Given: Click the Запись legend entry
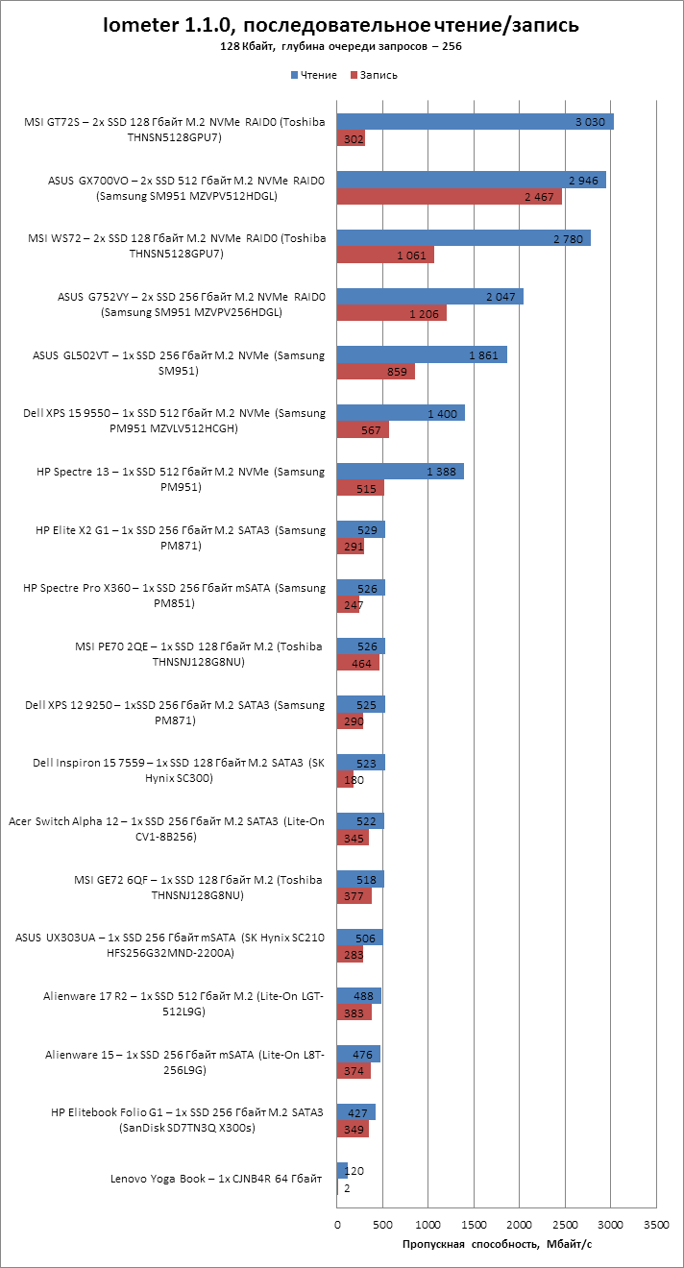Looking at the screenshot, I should tap(376, 75).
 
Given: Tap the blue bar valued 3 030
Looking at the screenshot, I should tap(475, 122).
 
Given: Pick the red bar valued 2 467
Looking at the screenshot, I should tap(449, 197).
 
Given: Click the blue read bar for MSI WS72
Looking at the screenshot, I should tap(463, 238).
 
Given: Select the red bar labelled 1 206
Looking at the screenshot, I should tap(391, 313).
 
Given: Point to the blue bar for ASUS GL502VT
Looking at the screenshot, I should tap(422, 354).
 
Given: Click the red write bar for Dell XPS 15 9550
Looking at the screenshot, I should tap(362, 430).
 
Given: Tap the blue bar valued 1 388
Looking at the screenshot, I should tap(400, 471).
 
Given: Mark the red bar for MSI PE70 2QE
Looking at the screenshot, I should tap(357, 663).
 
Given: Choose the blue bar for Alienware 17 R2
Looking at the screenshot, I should tap(358, 995).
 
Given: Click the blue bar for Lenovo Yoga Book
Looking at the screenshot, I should tap(342, 1170).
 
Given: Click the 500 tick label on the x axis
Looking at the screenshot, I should tap(382, 1226).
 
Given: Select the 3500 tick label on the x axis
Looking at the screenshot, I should tap(656, 1226).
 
